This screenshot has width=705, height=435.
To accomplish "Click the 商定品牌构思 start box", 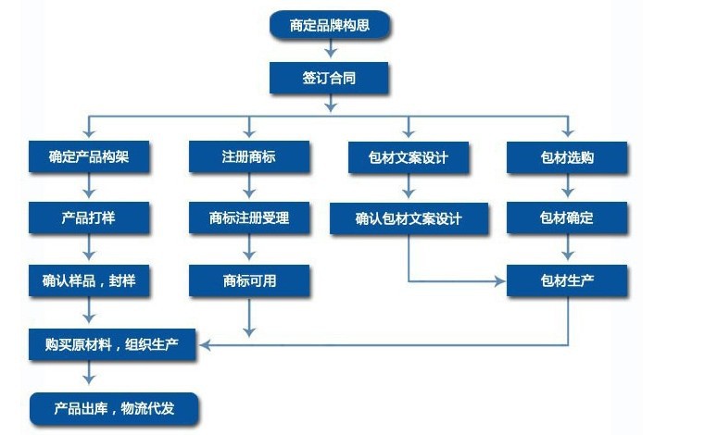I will click(330, 25).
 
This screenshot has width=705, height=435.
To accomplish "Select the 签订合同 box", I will click(330, 79).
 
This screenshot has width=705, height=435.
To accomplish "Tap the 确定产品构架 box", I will click(89, 157).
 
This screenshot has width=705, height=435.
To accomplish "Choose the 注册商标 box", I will click(248, 157).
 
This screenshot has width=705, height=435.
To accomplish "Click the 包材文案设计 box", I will click(409, 157).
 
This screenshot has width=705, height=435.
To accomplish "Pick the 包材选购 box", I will click(567, 157).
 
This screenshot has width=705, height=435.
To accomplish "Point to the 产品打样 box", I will click(89, 219).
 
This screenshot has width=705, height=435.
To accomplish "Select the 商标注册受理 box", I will click(248, 219).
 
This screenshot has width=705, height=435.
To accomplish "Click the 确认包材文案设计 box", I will click(409, 219).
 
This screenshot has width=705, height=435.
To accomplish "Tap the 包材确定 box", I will click(567, 219).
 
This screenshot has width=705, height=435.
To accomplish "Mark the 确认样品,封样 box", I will click(89, 280).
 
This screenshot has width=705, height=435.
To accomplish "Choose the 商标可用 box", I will click(248, 280).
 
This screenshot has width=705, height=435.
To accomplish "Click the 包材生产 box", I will click(567, 280).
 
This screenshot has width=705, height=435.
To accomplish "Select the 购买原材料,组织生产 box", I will click(113, 344).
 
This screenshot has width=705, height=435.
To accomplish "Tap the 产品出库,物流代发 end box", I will click(114, 407).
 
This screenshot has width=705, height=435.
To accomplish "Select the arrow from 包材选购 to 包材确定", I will click(567, 188).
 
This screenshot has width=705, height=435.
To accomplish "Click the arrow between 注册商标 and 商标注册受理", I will click(248, 188).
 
